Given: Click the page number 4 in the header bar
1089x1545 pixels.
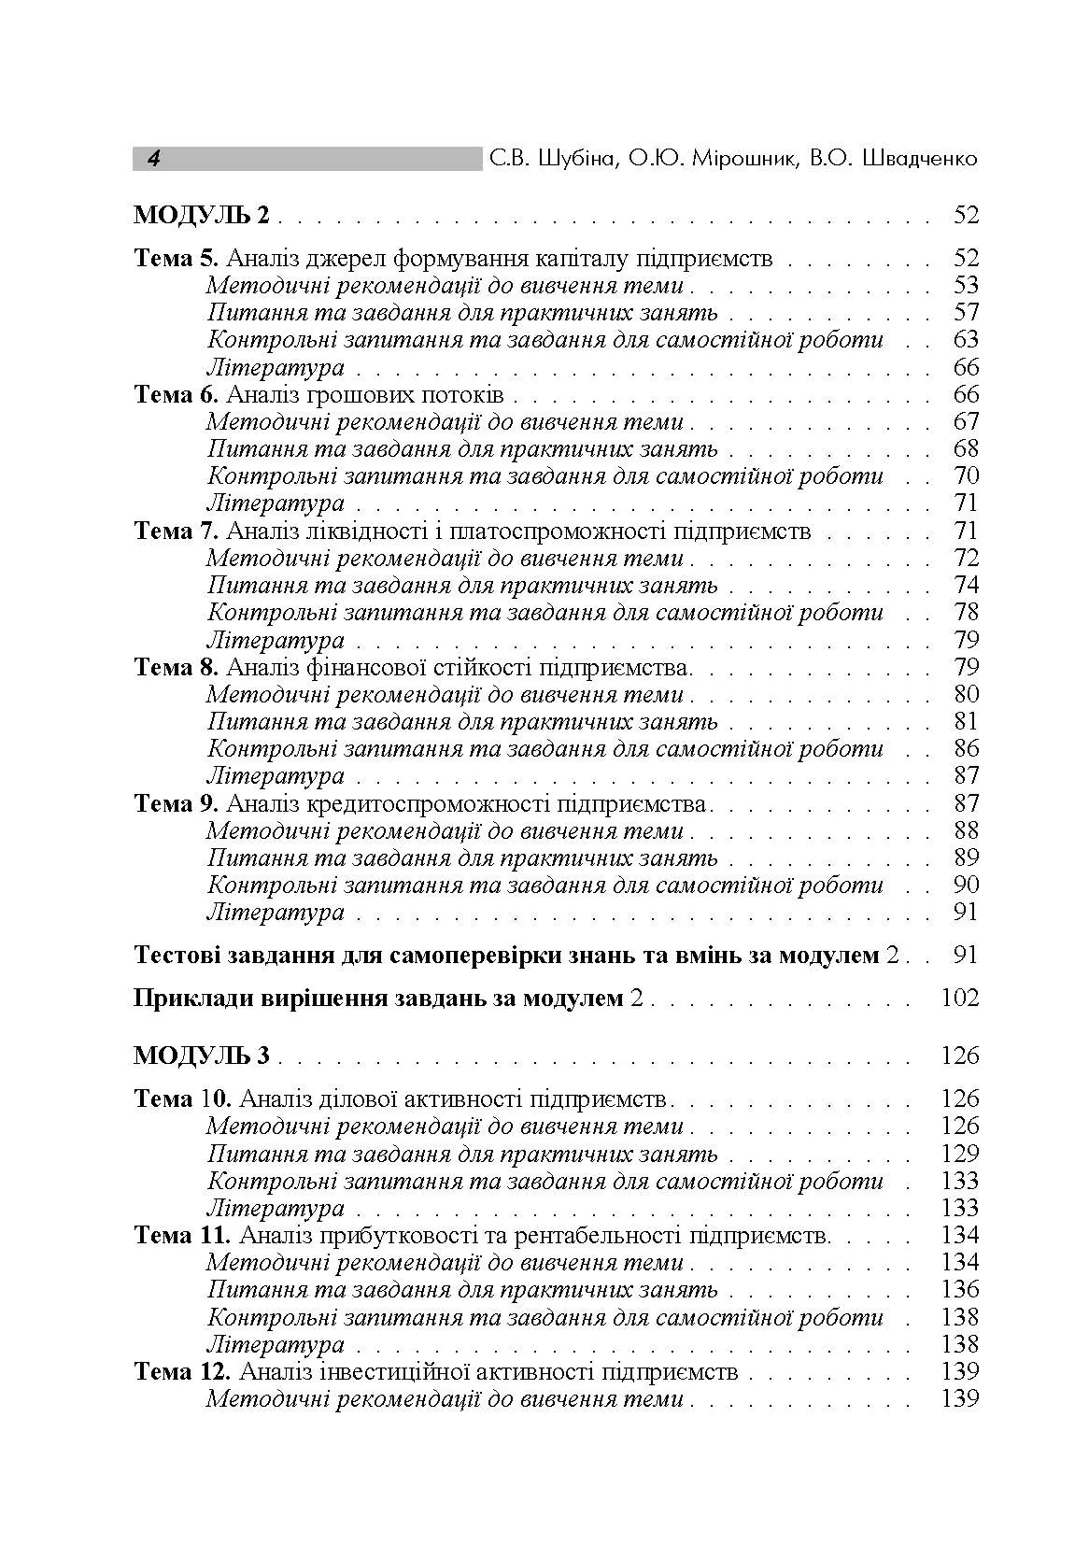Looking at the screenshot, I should coord(153,159).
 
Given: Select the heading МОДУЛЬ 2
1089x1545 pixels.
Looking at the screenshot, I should coord(202,216).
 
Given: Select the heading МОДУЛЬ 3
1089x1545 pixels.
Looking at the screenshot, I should coord(202,1056).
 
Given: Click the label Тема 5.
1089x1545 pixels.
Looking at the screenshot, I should coord(177,259).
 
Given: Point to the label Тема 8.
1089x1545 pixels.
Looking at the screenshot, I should coord(177,668).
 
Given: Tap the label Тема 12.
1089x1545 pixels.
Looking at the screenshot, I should coord(182,1372).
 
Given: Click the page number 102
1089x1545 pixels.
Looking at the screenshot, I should coord(960,999).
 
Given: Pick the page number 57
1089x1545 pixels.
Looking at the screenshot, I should coord(966,313).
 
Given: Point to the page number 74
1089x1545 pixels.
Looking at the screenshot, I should coord(966,586).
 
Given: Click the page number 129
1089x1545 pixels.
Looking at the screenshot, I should coord(960,1154).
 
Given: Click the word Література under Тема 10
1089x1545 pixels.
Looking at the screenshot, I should coord(276,1209).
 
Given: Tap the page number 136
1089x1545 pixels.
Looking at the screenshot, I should coord(960,1290).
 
